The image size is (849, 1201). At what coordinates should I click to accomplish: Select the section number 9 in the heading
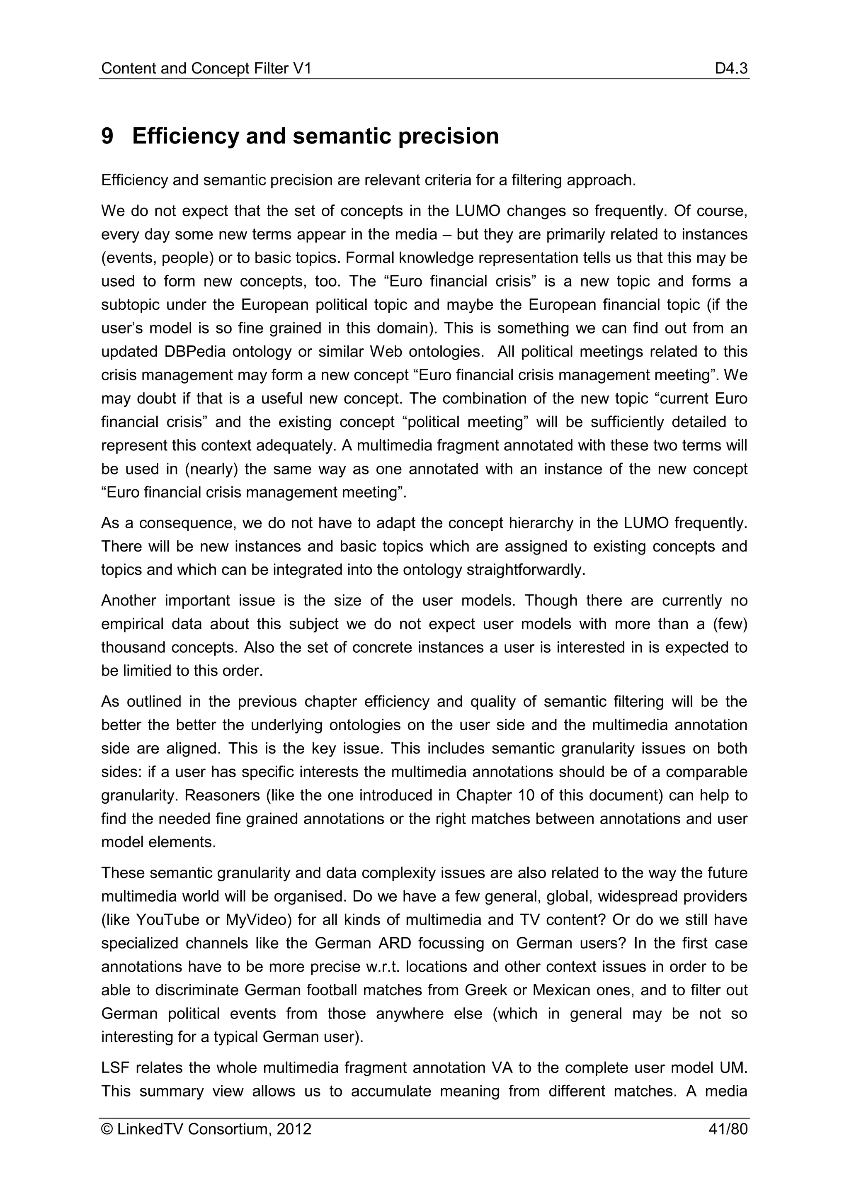(107, 136)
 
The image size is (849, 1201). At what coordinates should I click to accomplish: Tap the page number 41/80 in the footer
(728, 1129)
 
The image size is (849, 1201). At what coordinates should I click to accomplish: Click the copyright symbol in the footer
(107, 1129)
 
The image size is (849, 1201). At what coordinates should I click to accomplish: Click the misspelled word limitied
(144, 671)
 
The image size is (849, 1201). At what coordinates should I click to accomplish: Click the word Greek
(486, 990)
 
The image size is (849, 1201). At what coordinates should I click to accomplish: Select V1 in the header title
(302, 68)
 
